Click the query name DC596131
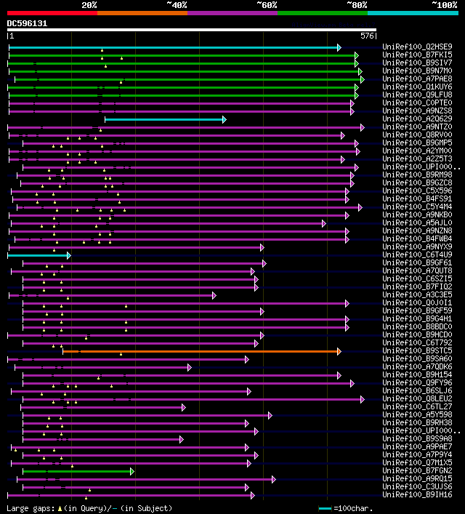coord(27,23)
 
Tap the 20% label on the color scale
coord(89,5)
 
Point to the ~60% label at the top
coord(267,5)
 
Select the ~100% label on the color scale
coord(444,5)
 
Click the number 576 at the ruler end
coord(367,35)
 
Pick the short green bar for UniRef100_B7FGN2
coord(77,471)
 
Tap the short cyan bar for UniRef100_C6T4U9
coord(39,255)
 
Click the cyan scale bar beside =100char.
coord(325,508)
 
